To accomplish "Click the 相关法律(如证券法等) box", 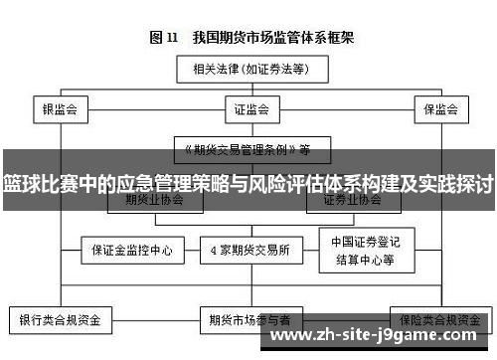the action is (x=248, y=71).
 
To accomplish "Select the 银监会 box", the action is (x=59, y=108).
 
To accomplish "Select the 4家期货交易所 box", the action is (x=249, y=249).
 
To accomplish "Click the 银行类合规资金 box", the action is (x=61, y=320).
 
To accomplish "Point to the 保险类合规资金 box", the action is (x=438, y=320).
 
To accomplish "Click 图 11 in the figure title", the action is (x=163, y=38).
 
